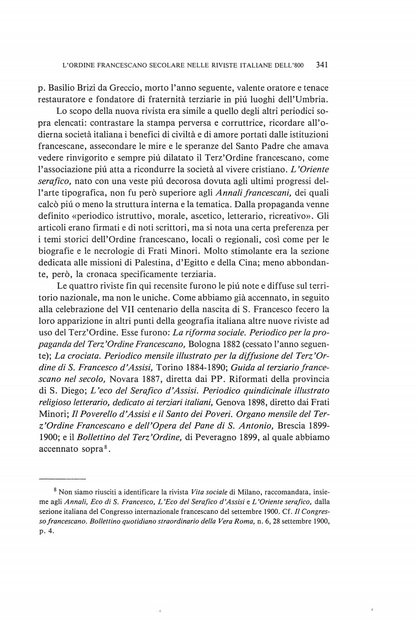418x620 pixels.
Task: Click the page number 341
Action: pos(321,66)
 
